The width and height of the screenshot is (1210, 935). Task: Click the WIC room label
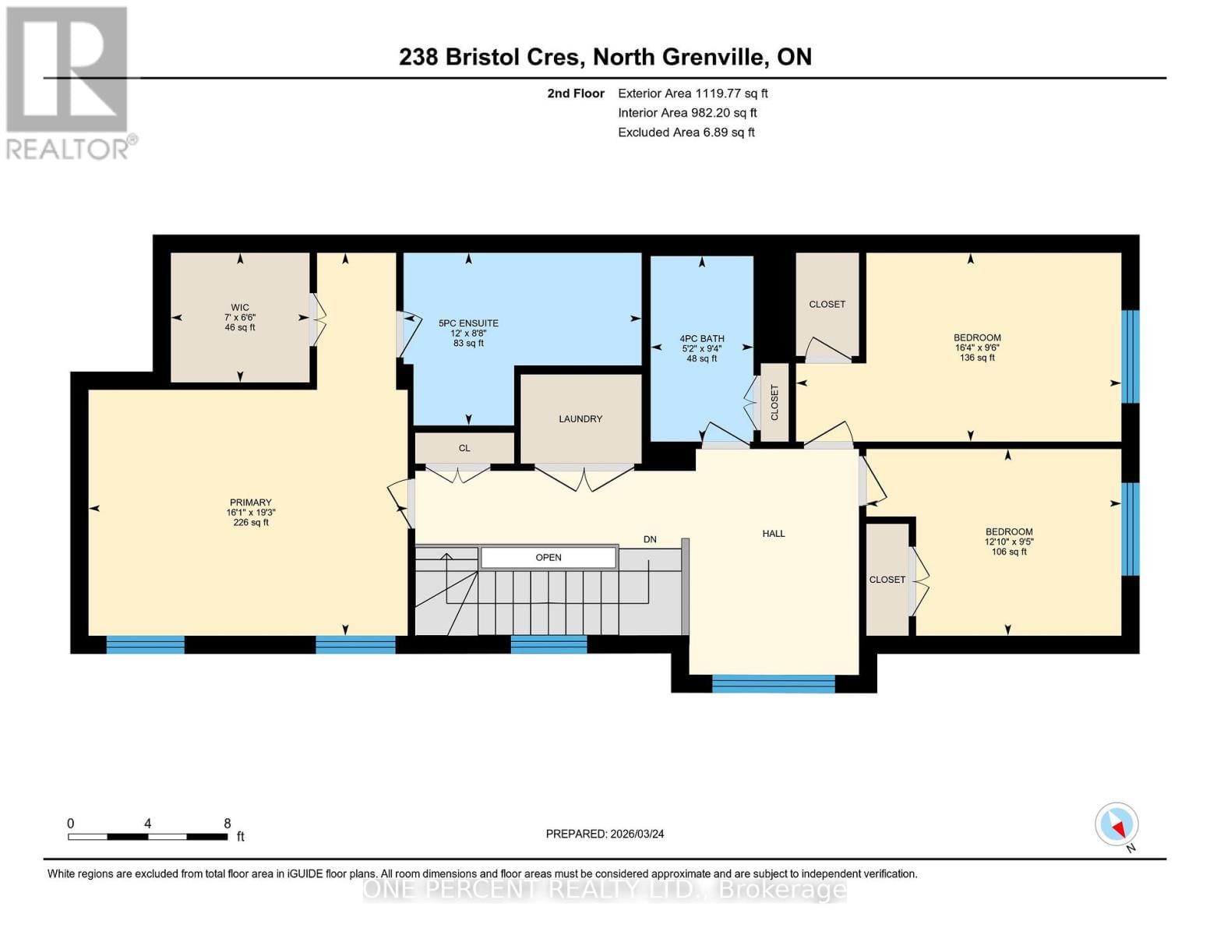(x=240, y=317)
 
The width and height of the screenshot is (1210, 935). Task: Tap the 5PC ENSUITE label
(x=468, y=333)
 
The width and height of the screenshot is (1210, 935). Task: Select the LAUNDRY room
(x=580, y=419)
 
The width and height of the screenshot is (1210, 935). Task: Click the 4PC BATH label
(x=702, y=348)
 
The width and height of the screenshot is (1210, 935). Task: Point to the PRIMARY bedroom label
(x=251, y=512)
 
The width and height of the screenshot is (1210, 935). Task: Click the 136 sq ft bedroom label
(x=977, y=348)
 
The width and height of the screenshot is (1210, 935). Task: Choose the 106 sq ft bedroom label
(x=1009, y=542)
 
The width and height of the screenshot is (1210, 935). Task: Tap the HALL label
(x=774, y=534)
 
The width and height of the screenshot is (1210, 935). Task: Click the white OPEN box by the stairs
(x=549, y=557)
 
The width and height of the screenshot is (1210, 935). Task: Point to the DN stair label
(x=650, y=539)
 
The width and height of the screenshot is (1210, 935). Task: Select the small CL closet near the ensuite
(x=464, y=448)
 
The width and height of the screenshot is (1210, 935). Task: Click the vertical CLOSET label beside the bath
(x=774, y=403)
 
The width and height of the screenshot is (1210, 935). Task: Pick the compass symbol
(x=1117, y=824)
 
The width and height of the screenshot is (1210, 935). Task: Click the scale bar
(x=148, y=836)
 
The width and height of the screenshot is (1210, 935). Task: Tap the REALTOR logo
(x=69, y=82)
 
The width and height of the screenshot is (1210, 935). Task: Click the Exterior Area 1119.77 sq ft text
(x=693, y=93)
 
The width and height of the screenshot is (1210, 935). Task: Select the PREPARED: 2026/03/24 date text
(x=605, y=834)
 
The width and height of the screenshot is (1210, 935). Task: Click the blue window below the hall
(x=773, y=684)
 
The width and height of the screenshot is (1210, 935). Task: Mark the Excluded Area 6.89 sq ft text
(x=686, y=132)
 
